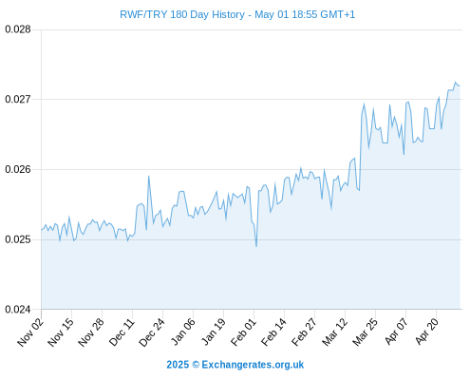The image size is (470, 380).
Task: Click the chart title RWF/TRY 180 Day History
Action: (182, 15)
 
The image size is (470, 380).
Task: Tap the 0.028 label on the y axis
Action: (18, 29)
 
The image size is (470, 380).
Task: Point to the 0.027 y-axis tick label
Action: (18, 99)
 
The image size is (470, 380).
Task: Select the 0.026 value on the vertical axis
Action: (18, 169)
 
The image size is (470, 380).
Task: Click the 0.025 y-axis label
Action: (18, 239)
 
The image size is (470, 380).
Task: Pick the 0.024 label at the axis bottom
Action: (18, 309)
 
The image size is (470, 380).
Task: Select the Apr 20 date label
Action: (426, 332)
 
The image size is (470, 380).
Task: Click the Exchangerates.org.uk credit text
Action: (253, 365)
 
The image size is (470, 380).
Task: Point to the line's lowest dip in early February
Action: (256, 246)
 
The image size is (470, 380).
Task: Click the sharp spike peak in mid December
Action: (148, 177)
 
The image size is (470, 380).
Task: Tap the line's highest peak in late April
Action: (456, 83)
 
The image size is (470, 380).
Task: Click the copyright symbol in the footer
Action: (196, 365)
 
